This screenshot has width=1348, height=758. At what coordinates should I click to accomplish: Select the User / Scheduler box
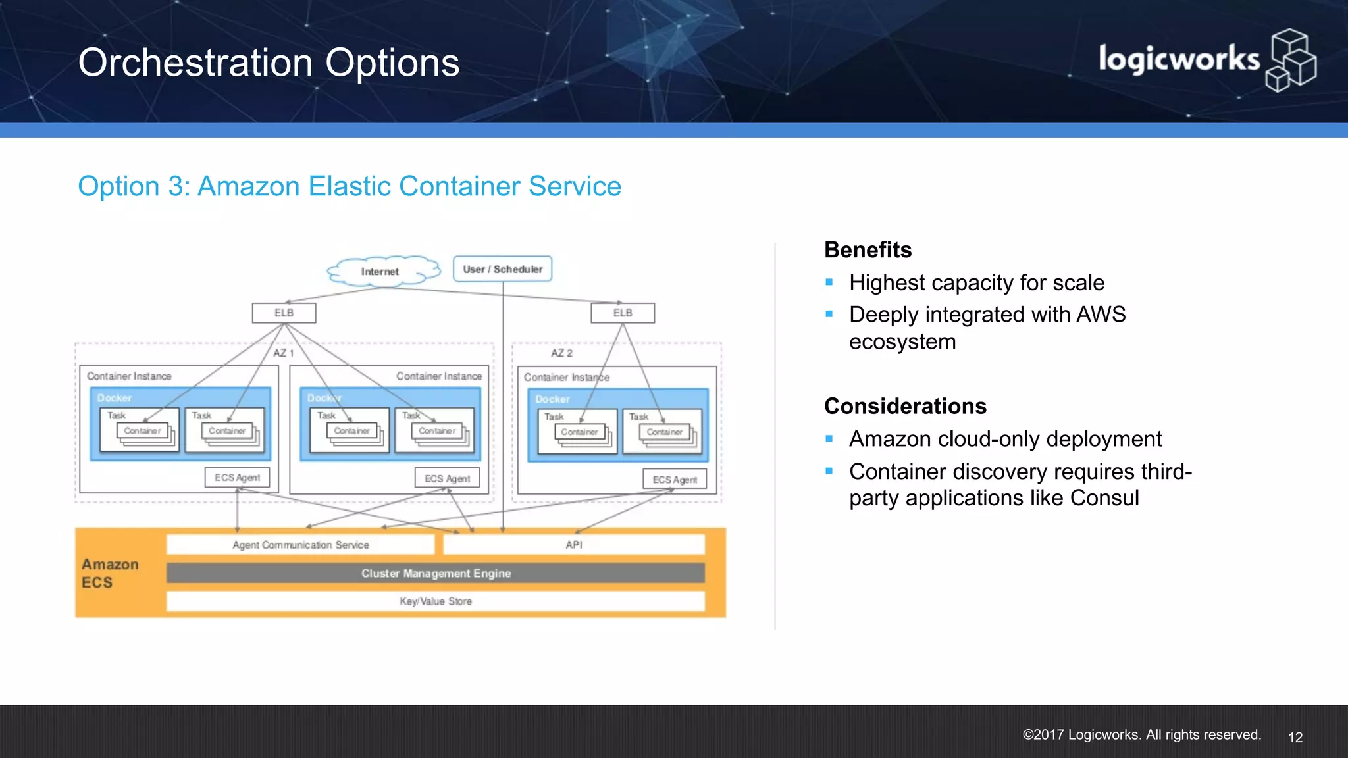(502, 269)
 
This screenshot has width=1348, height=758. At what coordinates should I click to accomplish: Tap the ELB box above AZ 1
(284, 313)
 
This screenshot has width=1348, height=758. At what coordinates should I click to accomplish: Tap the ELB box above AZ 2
(623, 313)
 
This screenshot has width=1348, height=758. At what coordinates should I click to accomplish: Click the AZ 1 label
(284, 353)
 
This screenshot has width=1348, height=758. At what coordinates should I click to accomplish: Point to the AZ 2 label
(561, 353)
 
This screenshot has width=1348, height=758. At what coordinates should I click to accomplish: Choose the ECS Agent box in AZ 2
(675, 480)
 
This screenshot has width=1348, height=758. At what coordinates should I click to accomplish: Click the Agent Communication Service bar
(301, 545)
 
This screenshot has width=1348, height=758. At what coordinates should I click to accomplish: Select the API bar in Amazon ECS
(574, 545)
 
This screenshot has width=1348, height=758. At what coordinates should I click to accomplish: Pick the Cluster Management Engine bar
(436, 573)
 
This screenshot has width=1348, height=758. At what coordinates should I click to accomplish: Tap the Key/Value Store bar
(436, 601)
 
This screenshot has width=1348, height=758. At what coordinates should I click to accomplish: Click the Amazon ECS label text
(110, 573)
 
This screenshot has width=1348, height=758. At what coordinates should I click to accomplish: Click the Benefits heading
(868, 250)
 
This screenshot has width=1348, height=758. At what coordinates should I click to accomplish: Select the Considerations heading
(905, 406)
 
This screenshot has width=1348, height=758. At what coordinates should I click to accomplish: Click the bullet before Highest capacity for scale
(829, 283)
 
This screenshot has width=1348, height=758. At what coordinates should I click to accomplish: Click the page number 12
(1295, 737)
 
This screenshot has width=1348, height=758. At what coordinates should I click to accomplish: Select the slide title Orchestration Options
(269, 63)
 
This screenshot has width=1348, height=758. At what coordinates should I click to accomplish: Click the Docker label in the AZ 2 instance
(552, 399)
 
